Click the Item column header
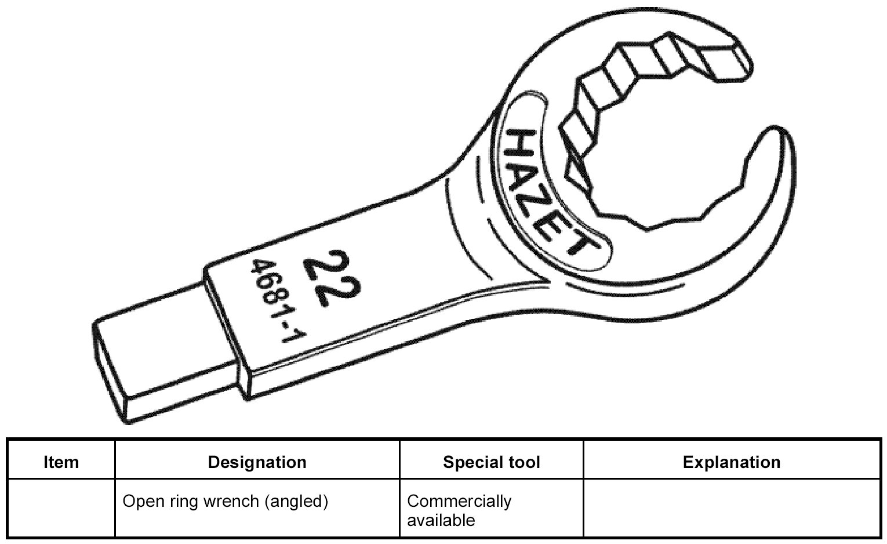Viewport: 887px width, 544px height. click(61, 462)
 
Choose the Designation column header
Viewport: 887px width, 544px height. click(257, 462)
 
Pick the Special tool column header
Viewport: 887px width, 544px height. click(491, 462)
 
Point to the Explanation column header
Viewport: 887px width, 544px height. click(731, 462)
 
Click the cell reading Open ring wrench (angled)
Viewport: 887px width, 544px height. click(226, 501)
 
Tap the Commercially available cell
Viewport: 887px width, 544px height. click(459, 510)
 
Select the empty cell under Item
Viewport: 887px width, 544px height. click(61, 508)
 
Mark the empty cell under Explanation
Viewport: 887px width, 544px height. click(731, 508)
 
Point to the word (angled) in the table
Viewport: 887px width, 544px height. click(296, 502)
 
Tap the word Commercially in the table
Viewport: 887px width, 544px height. click(459, 501)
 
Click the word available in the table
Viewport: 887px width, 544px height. click(441, 520)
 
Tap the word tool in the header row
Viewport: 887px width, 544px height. click(523, 462)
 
